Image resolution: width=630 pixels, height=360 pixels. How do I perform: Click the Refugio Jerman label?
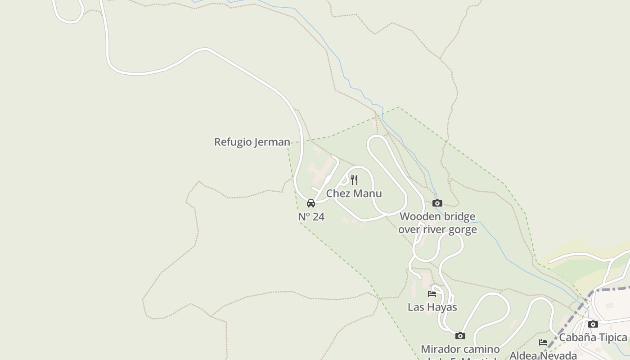252,142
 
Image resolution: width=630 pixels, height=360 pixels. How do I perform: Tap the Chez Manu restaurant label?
354,193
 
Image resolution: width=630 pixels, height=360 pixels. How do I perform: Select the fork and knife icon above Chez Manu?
354,180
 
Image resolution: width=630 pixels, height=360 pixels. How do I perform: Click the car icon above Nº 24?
311,203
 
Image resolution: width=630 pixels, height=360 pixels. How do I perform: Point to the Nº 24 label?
311,217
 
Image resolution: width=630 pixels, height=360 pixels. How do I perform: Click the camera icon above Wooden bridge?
437,203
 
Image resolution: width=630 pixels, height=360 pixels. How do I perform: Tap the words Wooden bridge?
437,216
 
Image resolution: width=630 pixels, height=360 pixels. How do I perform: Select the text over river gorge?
437,229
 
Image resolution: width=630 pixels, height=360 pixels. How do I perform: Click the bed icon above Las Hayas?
432,294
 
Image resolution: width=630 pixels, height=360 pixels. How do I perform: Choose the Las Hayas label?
432,307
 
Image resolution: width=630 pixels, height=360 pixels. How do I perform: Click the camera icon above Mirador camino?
460,336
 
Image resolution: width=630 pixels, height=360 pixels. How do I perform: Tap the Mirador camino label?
460,349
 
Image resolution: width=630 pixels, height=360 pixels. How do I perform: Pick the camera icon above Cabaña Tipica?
593,324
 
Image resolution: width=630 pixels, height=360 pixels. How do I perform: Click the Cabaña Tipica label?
593,337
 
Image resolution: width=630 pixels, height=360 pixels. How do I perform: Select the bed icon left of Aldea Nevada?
543,342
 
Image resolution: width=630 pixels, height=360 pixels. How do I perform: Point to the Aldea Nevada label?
543,355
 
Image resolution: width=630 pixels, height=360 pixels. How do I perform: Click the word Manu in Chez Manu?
367,193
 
